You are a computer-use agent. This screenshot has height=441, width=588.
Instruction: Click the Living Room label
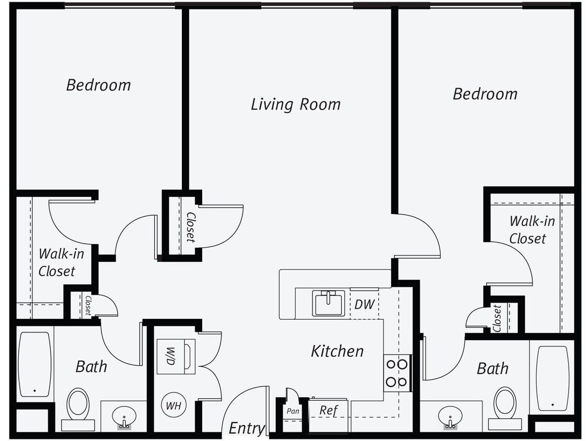(295, 104)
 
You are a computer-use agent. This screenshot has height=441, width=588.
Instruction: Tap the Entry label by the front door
(247, 428)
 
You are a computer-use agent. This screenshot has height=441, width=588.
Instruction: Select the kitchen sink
(328, 303)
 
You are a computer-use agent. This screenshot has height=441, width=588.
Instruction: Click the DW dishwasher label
(364, 304)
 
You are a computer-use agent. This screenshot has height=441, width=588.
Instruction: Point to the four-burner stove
(397, 373)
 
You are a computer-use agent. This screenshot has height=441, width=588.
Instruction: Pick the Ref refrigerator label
(329, 410)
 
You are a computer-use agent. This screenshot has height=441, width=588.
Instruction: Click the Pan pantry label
(293, 411)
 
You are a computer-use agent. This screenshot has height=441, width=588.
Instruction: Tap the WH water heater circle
(174, 405)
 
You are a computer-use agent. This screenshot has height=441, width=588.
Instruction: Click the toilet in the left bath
(78, 405)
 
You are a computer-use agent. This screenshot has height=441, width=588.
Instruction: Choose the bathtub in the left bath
(34, 364)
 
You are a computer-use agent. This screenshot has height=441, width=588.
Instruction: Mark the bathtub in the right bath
(552, 378)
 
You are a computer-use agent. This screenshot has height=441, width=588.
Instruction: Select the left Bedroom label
(98, 85)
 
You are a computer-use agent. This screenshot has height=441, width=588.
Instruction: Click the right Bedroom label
(485, 94)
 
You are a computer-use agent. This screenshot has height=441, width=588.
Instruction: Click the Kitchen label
(337, 351)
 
